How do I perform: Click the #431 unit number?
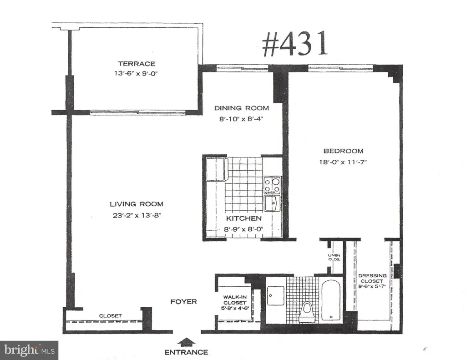tap(295, 44)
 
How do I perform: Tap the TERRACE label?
tap(137, 64)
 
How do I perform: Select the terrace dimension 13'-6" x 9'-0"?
tap(136, 73)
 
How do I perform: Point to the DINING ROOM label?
tap(242, 108)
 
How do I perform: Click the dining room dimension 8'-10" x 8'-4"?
tap(241, 119)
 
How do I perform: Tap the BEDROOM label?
tap(343, 151)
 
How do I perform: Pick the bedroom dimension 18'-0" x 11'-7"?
tap(343, 162)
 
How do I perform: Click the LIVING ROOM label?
tap(137, 204)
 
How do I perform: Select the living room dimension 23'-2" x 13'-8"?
tap(137, 215)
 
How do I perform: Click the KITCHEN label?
tap(244, 218)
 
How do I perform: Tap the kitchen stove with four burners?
tap(272, 186)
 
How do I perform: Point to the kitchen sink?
tap(273, 203)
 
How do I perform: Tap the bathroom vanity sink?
tap(275, 295)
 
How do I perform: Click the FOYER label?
tap(184, 302)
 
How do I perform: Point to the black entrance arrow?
tap(186, 342)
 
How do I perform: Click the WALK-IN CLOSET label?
tap(235, 303)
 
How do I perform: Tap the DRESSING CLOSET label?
tap(372, 281)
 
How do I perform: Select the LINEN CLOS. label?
tap(334, 258)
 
